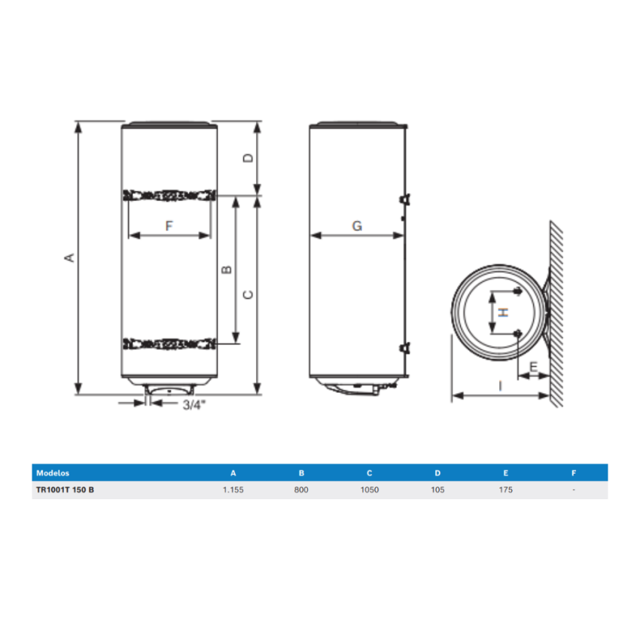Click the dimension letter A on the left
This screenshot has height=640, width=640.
pyautogui.click(x=70, y=258)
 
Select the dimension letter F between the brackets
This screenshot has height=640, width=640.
pyautogui.click(x=169, y=225)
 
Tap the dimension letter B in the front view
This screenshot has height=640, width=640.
pyautogui.click(x=226, y=270)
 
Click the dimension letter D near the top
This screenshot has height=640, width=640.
pyautogui.click(x=249, y=158)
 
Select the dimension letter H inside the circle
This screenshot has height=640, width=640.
pyautogui.click(x=505, y=312)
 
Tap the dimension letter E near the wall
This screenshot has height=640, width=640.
pyautogui.click(x=534, y=367)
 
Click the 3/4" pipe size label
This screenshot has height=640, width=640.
pyautogui.click(x=194, y=405)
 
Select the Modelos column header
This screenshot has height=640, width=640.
pyautogui.click(x=52, y=473)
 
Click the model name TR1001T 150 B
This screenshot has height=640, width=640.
pyautogui.click(x=65, y=490)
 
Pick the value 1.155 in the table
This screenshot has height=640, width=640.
pyautogui.click(x=233, y=490)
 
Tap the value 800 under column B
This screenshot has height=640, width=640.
pyautogui.click(x=301, y=490)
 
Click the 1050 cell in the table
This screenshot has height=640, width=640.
pyautogui.click(x=369, y=490)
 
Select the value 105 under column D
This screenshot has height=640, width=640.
pyautogui.click(x=437, y=490)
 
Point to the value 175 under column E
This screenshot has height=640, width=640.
pyautogui.click(x=505, y=490)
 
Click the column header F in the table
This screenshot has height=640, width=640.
pyautogui.click(x=574, y=473)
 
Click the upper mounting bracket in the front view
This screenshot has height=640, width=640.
pyautogui.click(x=169, y=195)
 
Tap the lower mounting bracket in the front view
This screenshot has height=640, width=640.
pyautogui.click(x=169, y=345)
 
